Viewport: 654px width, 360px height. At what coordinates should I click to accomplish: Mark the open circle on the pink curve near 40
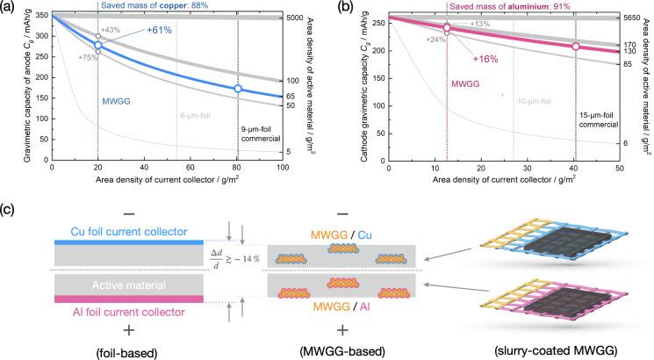pos(576,47)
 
